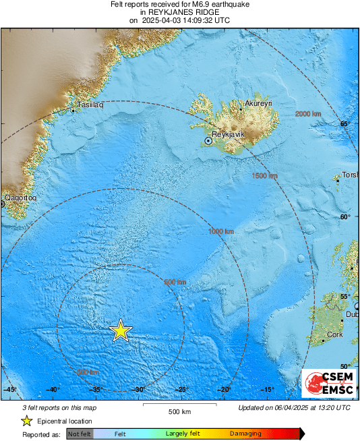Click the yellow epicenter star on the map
tap(120, 330)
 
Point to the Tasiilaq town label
tap(90, 105)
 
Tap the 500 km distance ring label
tap(175, 282)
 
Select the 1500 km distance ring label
tap(264, 176)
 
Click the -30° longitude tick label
tap(140, 390)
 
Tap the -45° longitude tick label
tap(9, 390)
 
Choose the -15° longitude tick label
tap(267, 390)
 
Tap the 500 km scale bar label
tap(179, 411)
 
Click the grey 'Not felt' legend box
tap(80, 434)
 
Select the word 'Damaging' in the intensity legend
tap(245, 434)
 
